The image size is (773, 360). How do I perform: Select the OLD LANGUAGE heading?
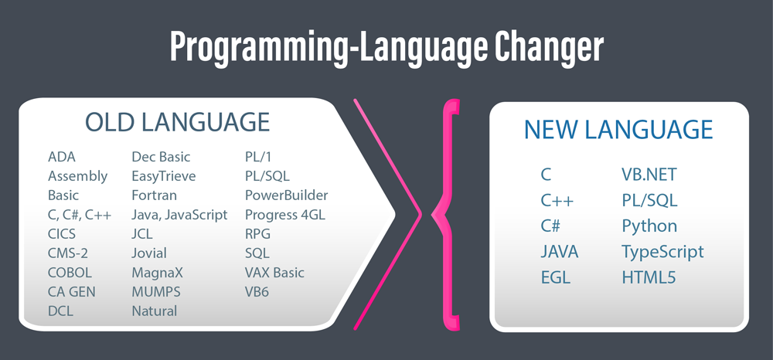tap(178, 122)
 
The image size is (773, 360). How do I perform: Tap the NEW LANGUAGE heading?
tap(618, 130)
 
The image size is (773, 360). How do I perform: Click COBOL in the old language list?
tap(70, 273)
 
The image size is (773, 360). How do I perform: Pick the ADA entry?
tap(62, 157)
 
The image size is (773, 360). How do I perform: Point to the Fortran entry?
tap(155, 195)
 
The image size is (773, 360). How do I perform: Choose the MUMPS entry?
tap(156, 291)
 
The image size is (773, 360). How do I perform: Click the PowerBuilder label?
tap(287, 195)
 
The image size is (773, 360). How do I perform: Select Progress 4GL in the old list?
tap(285, 216)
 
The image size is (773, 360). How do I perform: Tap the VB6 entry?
tap(257, 291)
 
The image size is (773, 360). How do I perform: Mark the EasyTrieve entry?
tap(164, 176)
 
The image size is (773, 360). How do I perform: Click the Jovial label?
tap(149, 253)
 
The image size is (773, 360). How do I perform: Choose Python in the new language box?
tap(649, 226)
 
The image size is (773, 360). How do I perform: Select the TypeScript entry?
tap(662, 252)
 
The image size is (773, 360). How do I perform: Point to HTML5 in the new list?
tap(649, 278)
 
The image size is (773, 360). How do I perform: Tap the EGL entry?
tap(556, 278)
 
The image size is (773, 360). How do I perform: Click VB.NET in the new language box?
tap(649, 175)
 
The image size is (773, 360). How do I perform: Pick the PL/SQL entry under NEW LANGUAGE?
tap(650, 200)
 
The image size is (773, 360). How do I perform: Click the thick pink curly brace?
tap(446, 214)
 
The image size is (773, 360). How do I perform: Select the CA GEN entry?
tap(71, 291)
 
